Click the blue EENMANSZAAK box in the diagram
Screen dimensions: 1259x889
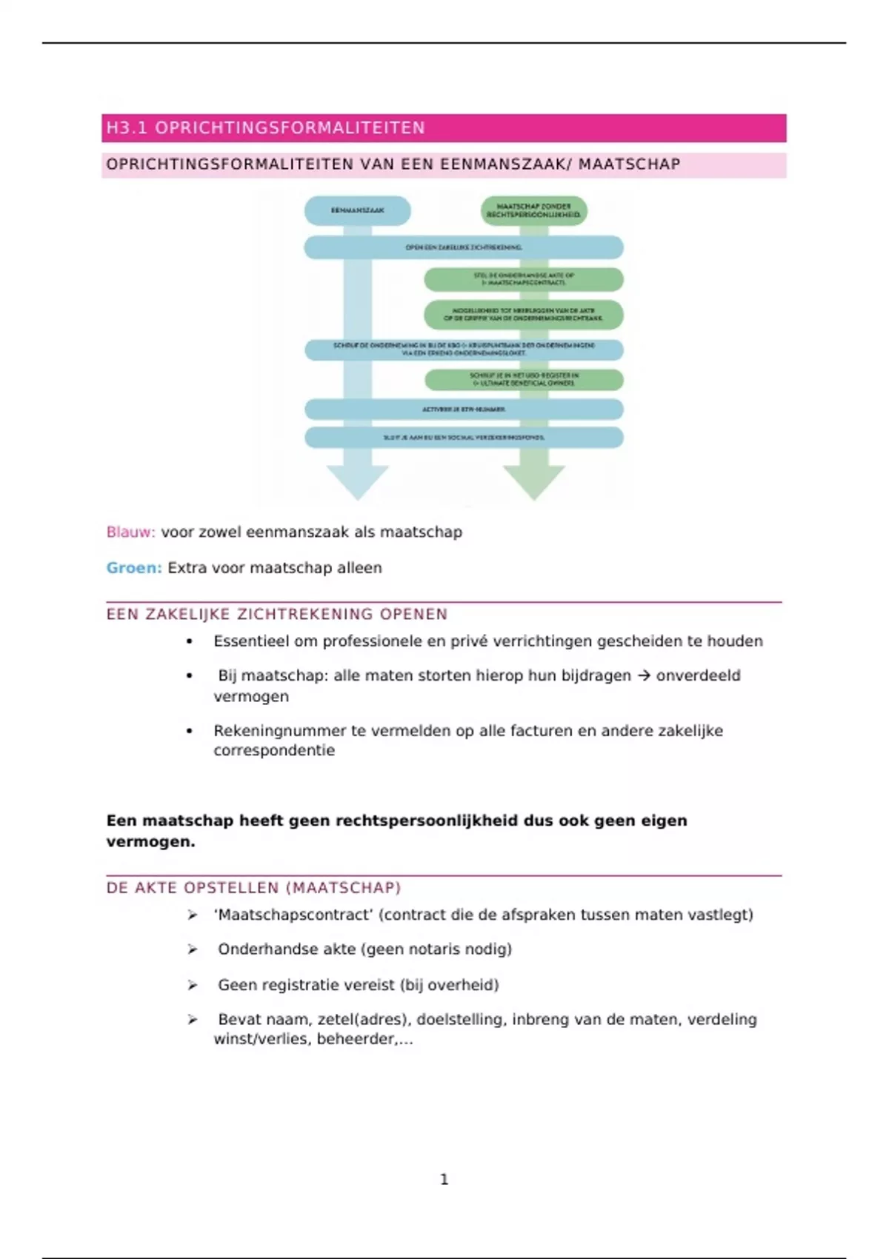[x=357, y=210]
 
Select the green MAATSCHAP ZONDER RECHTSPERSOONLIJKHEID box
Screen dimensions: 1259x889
[x=533, y=210]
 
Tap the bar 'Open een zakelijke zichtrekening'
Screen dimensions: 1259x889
[x=464, y=247]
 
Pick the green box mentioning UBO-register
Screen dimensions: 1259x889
[x=524, y=379]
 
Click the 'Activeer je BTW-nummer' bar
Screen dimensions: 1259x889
[x=464, y=409]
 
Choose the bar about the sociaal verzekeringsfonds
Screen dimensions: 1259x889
[x=464, y=437]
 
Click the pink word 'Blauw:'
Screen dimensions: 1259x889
[x=130, y=532]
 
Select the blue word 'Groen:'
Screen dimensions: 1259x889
[x=133, y=568]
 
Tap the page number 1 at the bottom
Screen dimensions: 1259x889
[x=444, y=1179]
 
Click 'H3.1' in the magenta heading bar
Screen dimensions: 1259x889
[x=127, y=128]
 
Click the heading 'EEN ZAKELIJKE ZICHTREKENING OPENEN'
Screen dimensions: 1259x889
[x=277, y=614]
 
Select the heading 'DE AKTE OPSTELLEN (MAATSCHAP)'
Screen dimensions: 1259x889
[x=253, y=887]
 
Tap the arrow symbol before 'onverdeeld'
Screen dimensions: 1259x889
[x=643, y=675]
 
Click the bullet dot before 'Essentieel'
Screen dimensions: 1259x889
[x=190, y=641]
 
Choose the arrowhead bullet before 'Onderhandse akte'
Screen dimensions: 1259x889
[x=193, y=949]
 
